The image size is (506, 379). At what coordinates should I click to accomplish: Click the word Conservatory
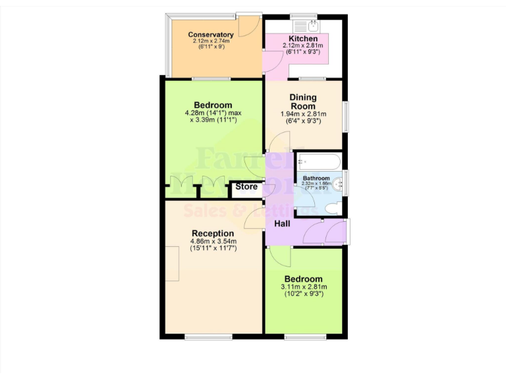[x=211, y=35]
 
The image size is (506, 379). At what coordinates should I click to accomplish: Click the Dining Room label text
[x=303, y=102]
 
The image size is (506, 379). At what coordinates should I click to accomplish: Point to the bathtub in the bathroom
[x=318, y=162]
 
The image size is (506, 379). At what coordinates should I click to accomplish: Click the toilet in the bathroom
[x=332, y=207]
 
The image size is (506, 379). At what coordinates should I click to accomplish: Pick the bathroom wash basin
[x=338, y=184]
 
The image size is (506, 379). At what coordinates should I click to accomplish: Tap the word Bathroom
[x=316, y=178]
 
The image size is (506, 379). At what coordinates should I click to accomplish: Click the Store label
[x=246, y=187]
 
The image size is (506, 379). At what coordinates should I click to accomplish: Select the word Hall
[x=283, y=224]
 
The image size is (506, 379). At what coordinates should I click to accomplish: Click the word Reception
[x=212, y=234]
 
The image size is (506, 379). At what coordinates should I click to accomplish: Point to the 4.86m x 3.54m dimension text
[x=212, y=241]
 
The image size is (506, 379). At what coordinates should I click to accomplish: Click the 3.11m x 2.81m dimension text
[x=303, y=287]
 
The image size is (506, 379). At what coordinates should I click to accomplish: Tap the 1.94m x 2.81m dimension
[x=303, y=114]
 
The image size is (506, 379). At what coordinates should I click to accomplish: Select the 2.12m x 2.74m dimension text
[x=211, y=41]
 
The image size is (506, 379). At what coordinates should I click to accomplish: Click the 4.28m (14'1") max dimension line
[x=213, y=113]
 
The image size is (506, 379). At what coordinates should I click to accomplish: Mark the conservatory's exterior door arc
[x=247, y=26]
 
